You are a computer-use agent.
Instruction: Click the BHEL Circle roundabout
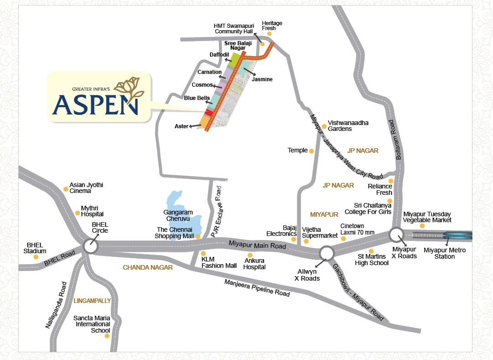(91, 247)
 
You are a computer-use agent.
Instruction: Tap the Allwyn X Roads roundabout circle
(327, 253)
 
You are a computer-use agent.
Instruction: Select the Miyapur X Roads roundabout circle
(396, 235)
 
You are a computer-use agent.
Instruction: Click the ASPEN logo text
(95, 104)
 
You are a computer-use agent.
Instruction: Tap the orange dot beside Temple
(311, 151)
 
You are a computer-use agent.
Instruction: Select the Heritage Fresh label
(272, 26)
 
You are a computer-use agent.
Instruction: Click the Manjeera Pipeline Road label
(257, 288)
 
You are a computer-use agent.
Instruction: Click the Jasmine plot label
(262, 79)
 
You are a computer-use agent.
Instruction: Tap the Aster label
(181, 126)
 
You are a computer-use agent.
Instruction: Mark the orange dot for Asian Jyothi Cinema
(66, 187)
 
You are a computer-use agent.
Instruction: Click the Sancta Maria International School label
(92, 324)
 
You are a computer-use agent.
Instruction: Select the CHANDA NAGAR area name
(148, 268)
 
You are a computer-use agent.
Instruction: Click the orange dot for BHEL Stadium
(36, 257)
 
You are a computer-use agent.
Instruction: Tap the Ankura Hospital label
(254, 264)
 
